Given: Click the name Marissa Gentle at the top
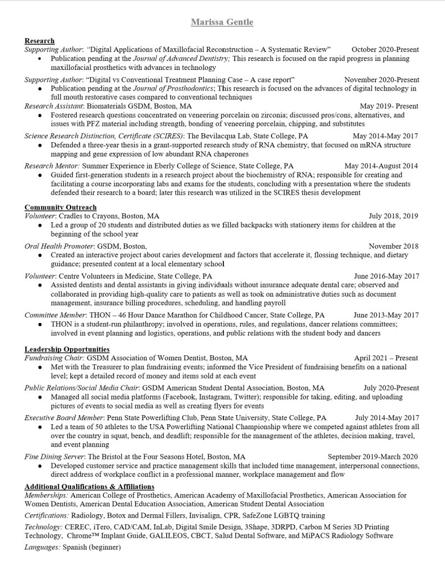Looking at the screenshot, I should pos(222,22).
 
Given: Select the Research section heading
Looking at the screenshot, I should pos(39,41).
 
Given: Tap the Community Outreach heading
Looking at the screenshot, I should pos(60,207).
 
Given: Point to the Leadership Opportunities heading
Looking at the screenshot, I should pos(67,349).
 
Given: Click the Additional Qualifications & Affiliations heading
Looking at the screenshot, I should pos(89,486).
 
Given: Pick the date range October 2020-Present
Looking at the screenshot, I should pos(385,49).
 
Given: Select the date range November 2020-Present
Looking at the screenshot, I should pos(381,79).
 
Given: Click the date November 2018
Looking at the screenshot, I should pos(394,246).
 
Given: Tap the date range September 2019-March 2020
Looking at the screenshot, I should pos(373,457).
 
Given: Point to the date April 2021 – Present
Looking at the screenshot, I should pos(386,358).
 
